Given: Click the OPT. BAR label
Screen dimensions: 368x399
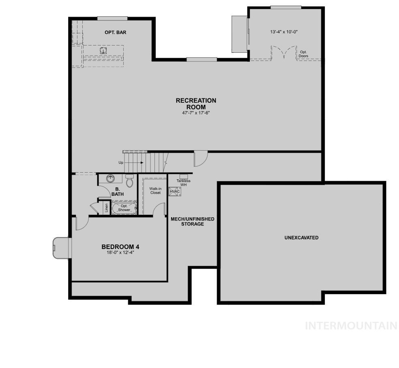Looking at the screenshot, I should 114,32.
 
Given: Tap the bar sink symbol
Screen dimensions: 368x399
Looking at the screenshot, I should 104,50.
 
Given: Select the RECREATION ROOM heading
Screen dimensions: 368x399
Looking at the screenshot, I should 196,104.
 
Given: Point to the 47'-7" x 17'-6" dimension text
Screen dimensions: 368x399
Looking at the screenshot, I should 196,113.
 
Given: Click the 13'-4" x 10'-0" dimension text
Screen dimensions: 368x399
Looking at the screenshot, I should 284,32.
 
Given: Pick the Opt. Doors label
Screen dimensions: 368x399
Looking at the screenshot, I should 304,54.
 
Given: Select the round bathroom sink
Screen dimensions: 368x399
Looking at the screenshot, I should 110,178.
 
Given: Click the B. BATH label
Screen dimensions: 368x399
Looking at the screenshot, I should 118,192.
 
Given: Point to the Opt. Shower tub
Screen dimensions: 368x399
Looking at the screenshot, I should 124,208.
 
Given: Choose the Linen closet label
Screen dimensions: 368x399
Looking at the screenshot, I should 106,208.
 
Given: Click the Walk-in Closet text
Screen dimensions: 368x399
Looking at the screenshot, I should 155,191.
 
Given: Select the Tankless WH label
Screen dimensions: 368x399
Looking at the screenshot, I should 183,183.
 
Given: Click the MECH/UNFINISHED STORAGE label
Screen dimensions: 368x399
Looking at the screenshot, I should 192,221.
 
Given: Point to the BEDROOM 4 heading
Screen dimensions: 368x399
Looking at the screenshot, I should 120,247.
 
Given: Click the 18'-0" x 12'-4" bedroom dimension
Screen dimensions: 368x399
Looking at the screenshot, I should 120,253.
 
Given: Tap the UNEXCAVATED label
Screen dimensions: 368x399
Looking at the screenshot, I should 301,238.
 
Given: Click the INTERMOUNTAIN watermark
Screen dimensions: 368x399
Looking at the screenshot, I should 351,325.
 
